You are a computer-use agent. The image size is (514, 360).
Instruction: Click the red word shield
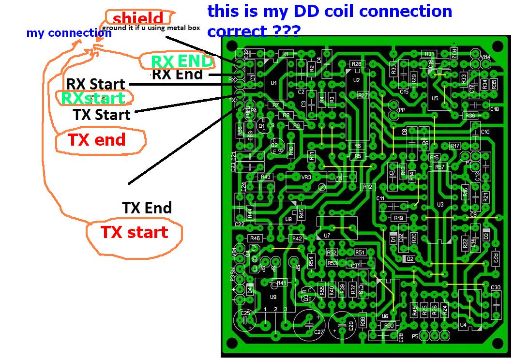138,19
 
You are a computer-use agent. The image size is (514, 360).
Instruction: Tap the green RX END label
181,61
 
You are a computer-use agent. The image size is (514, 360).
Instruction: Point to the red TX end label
96,140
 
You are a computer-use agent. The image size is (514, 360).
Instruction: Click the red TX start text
134,232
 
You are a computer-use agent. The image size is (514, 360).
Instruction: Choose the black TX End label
147,208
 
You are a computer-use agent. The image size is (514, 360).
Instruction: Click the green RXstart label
93,98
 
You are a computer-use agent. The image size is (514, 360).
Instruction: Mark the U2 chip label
357,80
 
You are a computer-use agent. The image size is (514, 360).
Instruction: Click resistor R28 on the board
357,64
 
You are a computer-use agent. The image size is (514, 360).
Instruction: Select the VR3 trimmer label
306,177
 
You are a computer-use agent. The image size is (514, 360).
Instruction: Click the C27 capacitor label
318,332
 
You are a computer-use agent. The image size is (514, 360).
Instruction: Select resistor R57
439,167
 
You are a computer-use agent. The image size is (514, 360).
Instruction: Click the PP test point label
401,110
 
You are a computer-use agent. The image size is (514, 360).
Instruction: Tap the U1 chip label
273,83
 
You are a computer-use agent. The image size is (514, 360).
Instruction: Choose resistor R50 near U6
389,326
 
